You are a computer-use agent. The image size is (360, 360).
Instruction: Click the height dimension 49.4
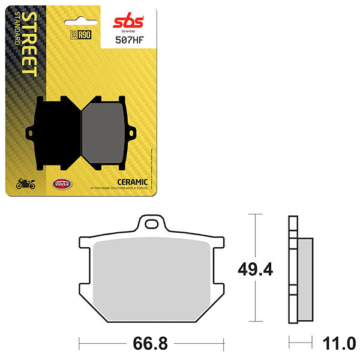(x=256, y=269)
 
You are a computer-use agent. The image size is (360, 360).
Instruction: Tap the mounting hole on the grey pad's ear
(x=129, y=127)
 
